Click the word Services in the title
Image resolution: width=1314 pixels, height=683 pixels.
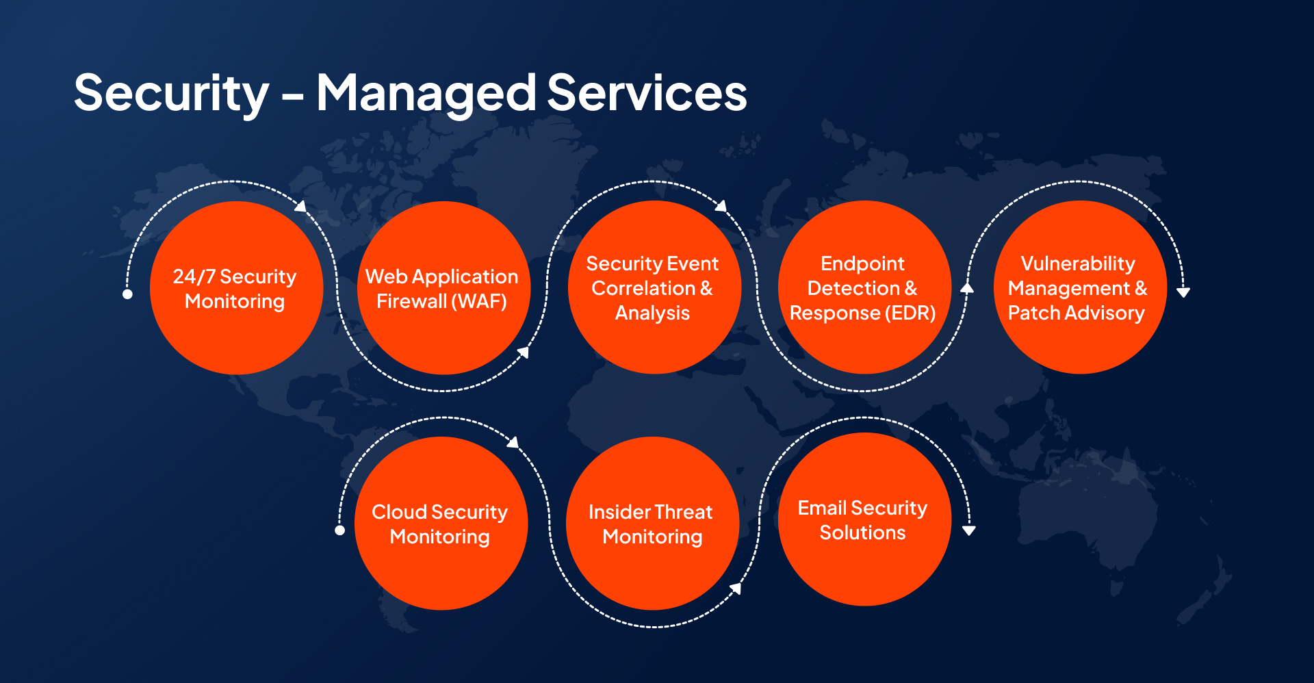click(647, 92)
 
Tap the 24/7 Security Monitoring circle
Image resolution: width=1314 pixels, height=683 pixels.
click(236, 287)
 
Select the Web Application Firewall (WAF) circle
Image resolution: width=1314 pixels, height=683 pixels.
click(443, 287)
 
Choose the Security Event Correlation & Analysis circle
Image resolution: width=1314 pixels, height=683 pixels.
click(654, 287)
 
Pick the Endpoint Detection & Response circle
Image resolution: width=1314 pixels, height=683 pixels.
click(864, 287)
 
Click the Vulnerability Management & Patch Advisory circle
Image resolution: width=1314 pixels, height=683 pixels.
click(1080, 287)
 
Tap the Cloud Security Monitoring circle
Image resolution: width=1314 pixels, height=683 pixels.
click(441, 524)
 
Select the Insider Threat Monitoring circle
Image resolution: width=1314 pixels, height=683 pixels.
click(653, 524)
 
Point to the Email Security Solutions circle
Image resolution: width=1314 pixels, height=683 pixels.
click(864, 519)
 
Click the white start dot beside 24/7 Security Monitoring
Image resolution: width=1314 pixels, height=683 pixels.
click(127, 294)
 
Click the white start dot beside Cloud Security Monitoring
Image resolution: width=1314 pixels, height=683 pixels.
click(339, 530)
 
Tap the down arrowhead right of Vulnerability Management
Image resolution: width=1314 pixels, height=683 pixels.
click(1183, 292)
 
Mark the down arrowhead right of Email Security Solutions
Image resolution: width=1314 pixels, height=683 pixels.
click(969, 530)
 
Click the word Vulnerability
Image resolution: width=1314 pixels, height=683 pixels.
click(1078, 264)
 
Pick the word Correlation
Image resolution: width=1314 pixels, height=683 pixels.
click(643, 288)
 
